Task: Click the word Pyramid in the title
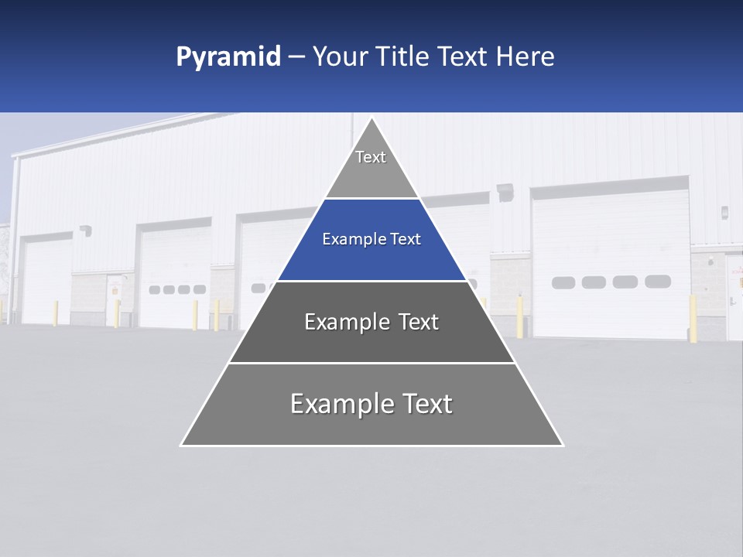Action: pos(228,57)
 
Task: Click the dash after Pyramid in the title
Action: pos(296,58)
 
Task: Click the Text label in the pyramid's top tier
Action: pos(371,157)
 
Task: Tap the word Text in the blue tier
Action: pos(406,240)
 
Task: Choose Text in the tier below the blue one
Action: pos(419,322)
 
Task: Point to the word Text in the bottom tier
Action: pos(427,404)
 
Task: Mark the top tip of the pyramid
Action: pos(372,118)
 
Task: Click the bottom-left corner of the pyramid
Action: pos(181,445)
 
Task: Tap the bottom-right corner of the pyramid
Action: pos(563,445)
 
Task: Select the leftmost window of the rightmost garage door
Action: pos(563,282)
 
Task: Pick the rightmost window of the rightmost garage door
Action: pos(658,282)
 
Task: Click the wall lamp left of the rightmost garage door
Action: pos(506,190)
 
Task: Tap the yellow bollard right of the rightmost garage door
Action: pos(693,318)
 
